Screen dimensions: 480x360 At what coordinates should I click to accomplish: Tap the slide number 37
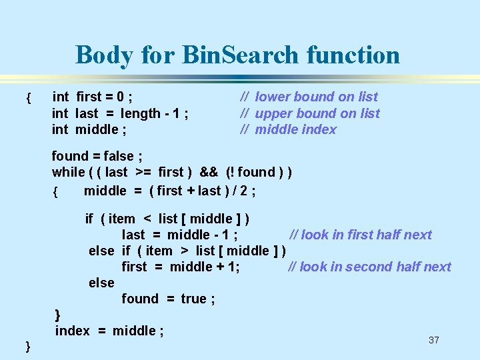coord(434,340)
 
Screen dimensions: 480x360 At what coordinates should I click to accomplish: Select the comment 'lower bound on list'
coord(316,97)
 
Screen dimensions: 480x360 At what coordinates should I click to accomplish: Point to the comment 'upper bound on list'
coord(317,113)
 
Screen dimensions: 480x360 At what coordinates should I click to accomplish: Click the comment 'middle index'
coord(295,129)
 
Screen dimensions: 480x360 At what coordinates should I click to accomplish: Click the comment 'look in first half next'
coord(366,235)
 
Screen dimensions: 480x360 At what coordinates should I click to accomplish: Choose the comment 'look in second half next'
coord(375,267)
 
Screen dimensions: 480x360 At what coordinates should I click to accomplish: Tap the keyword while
coord(68,172)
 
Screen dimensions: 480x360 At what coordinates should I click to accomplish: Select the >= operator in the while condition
coord(143,172)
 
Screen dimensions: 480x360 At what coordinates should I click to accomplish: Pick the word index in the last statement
coord(72,331)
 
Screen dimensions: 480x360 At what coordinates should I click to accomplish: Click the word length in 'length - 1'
coord(141,113)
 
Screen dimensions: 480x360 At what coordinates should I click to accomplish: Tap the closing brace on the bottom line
coord(27,345)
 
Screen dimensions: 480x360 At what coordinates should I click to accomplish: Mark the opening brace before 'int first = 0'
coord(27,99)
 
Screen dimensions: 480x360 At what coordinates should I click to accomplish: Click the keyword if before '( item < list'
coord(89,219)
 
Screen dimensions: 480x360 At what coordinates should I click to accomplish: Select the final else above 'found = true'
coord(101,283)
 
